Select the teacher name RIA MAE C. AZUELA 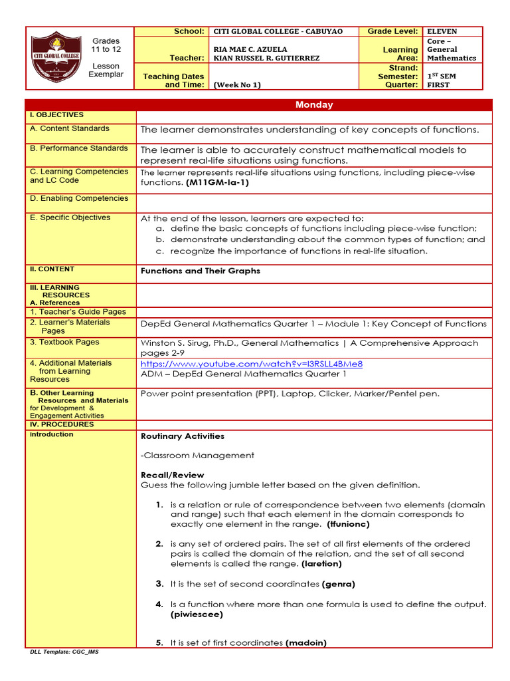[x=250, y=49]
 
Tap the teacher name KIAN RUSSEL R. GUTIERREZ [x=266, y=58]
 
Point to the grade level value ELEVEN [x=442, y=31]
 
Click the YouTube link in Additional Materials [x=252, y=364]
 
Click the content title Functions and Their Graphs [x=201, y=271]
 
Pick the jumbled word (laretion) [x=321, y=563]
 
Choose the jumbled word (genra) [x=339, y=584]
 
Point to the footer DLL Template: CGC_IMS [x=64, y=652]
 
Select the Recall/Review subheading [x=173, y=475]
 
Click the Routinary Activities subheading [x=183, y=436]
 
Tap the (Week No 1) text [x=237, y=84]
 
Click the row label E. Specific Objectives [x=70, y=217]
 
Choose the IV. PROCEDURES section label [x=61, y=424]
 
